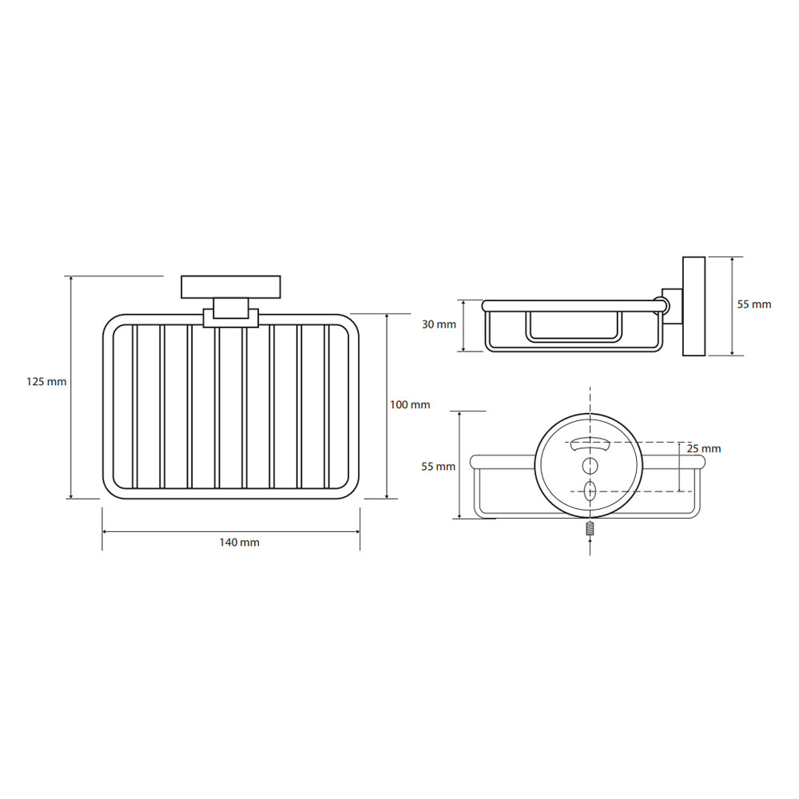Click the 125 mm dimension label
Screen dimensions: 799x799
46,381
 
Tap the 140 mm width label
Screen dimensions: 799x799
240,543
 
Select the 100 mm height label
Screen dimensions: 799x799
410,404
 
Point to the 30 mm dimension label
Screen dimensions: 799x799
439,324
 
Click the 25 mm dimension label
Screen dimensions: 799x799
704,448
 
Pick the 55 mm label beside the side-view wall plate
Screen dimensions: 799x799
754,304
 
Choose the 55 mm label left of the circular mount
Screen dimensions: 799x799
438,467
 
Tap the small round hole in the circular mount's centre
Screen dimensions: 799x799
590,465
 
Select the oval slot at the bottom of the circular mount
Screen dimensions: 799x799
590,491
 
